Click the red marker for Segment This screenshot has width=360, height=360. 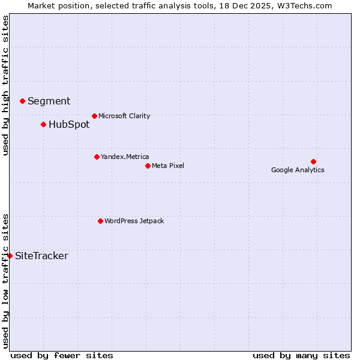click(22, 101)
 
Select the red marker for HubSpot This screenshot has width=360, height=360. click(43, 124)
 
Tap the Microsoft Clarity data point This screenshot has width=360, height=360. click(94, 116)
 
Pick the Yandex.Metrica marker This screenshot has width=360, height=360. click(97, 157)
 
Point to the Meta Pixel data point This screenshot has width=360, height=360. click(148, 166)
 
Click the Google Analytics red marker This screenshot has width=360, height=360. click(313, 161)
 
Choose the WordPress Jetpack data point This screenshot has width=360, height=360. click(100, 221)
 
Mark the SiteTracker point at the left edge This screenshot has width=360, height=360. click(10, 256)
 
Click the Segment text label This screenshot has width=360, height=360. click(49, 101)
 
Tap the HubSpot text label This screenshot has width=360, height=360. click(69, 124)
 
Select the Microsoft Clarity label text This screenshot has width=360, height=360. click(124, 116)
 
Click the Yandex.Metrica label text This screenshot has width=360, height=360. click(125, 157)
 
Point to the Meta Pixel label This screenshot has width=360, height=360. click(168, 166)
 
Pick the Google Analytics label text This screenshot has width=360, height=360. click(298, 170)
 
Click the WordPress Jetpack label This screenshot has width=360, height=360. click(134, 221)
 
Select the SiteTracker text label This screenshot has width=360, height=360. click(41, 256)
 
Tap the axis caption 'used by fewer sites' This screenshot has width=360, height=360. click(62, 355)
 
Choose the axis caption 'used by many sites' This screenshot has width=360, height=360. click(301, 355)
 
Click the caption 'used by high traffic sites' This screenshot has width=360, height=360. click(5, 85)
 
